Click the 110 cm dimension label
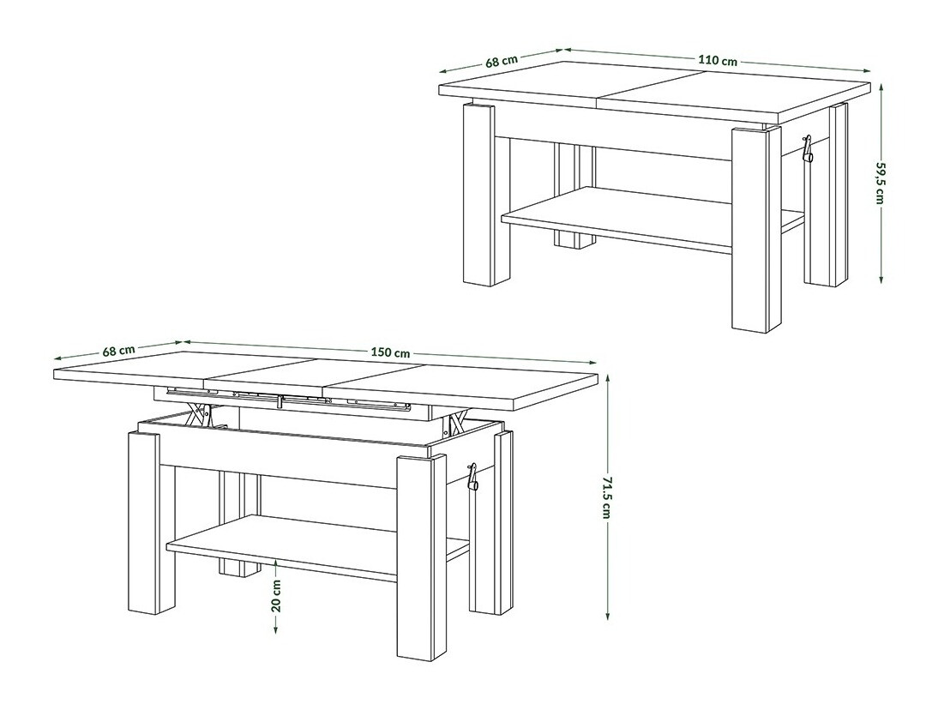point(718,61)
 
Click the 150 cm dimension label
point(391,352)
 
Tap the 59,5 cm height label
point(880,182)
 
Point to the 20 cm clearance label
point(276,593)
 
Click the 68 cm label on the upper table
point(502,61)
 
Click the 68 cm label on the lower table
point(118,350)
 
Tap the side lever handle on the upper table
point(806,149)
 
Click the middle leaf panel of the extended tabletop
point(268,373)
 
